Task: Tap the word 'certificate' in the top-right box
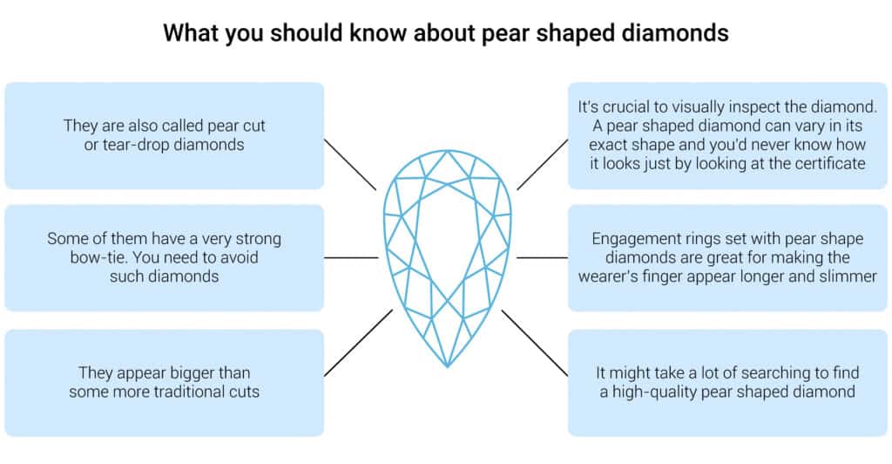(823, 164)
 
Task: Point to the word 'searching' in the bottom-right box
(767, 372)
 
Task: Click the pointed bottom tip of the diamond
(447, 364)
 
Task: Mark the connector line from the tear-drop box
(350, 163)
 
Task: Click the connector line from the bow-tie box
(352, 257)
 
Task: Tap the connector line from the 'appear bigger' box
(358, 343)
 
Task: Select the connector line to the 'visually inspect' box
(542, 163)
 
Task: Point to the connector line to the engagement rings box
(542, 257)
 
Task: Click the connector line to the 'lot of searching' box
(535, 343)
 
